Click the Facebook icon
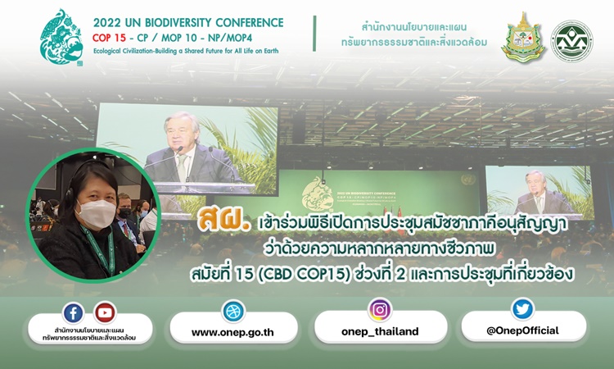click(73, 313)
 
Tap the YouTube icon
click(105, 312)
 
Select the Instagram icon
click(379, 310)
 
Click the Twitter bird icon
click(522, 309)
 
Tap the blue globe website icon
click(234, 312)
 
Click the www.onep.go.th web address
click(233, 333)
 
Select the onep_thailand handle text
click(380, 332)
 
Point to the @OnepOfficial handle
click(522, 330)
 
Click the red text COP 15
click(109, 38)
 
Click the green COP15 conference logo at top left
click(61, 37)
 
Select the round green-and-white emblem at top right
click(571, 41)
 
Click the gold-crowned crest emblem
click(524, 38)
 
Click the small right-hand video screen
click(540, 192)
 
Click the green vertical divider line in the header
click(314, 34)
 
